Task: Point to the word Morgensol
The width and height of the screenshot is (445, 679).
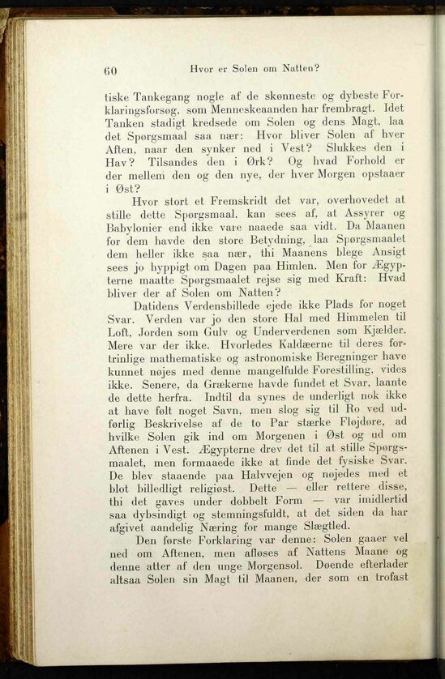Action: pos(279,565)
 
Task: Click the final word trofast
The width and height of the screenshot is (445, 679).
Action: pos(383,579)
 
